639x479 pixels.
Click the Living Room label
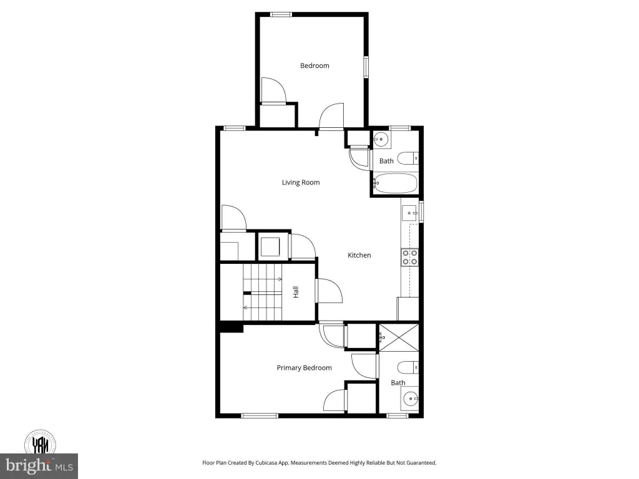[301, 183]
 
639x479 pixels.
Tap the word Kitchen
[359, 255]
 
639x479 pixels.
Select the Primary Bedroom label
[304, 368]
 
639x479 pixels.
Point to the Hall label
[296, 292]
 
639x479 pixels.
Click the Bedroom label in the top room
[315, 65]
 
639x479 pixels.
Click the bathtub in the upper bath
[396, 184]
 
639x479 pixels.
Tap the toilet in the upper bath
[408, 158]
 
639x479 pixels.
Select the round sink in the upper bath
[381, 139]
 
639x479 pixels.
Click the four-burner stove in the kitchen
[410, 258]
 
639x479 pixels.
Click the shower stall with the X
[399, 337]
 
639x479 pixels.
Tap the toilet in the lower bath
[408, 367]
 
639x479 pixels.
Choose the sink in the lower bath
[410, 398]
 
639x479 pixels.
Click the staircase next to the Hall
[263, 293]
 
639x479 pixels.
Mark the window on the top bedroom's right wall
[366, 67]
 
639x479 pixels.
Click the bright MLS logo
[39, 465]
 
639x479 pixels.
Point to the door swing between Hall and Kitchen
[329, 291]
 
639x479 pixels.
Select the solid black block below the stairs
[232, 327]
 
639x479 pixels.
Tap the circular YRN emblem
[40, 443]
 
